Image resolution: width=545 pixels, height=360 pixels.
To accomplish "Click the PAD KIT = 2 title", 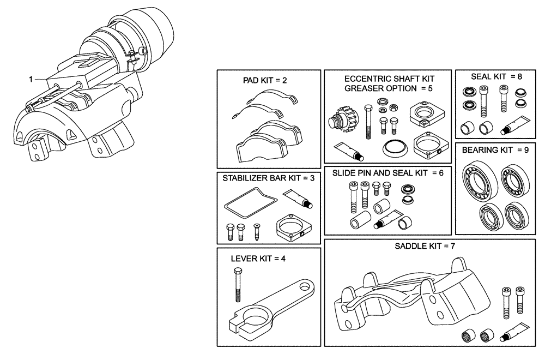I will point(264,80).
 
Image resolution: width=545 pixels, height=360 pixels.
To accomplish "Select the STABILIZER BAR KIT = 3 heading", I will point(268,178).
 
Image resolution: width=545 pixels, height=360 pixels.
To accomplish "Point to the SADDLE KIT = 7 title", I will point(425,246).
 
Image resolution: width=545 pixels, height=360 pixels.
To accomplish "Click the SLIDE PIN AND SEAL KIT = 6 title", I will point(387,173).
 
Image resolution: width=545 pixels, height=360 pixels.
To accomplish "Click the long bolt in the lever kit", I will point(238,286).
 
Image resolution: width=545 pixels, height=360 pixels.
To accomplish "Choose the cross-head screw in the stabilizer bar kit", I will point(257,233).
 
